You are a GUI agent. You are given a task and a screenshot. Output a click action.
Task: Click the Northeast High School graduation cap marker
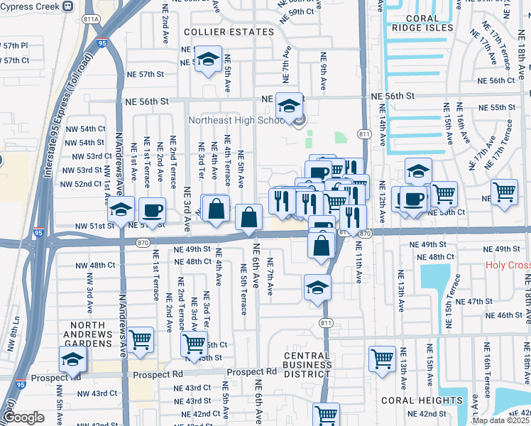pyautogui.click(x=289, y=106)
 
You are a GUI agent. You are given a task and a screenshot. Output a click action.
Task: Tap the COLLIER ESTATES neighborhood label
pyautogui.click(x=229, y=32)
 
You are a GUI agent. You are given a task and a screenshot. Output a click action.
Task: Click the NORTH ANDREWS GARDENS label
pyautogui.click(x=78, y=334)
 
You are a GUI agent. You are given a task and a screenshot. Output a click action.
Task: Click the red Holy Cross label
pyautogui.click(x=508, y=266)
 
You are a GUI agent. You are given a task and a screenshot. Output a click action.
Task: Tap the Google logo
pyautogui.click(x=23, y=417)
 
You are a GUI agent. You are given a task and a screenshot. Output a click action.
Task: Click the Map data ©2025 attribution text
pyautogui.click(x=500, y=420)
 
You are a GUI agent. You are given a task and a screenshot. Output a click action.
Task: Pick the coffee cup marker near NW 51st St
pyautogui.click(x=153, y=210)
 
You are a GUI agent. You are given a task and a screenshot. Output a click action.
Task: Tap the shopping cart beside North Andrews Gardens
pyautogui.click(x=141, y=339)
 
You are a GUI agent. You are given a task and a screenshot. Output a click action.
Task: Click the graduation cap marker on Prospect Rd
pyautogui.click(x=72, y=359)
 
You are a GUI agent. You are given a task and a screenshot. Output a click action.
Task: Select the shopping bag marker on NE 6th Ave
pyautogui.click(x=248, y=217)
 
